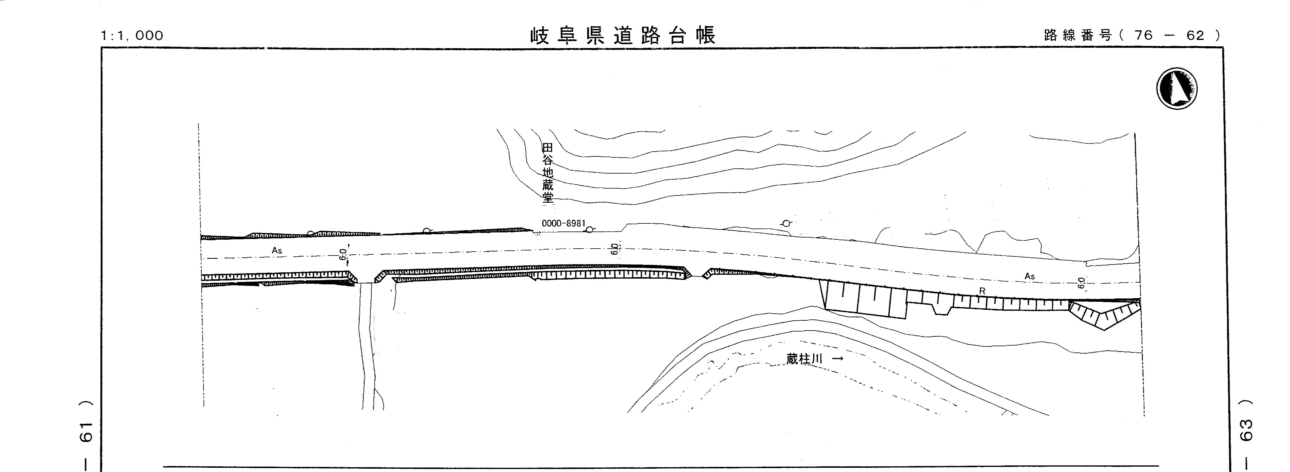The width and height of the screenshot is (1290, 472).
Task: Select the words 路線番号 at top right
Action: click(1077, 35)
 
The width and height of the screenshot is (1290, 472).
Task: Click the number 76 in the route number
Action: click(1144, 35)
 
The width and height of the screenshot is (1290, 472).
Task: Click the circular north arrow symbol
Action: click(1177, 88)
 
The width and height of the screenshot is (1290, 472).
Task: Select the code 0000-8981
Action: click(563, 223)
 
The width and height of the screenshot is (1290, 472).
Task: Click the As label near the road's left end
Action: click(277, 250)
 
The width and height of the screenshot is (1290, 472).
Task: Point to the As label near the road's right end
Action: click(1030, 276)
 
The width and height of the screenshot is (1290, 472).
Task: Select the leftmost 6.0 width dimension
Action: click(343, 255)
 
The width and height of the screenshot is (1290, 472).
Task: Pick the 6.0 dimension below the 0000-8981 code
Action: click(615, 249)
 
